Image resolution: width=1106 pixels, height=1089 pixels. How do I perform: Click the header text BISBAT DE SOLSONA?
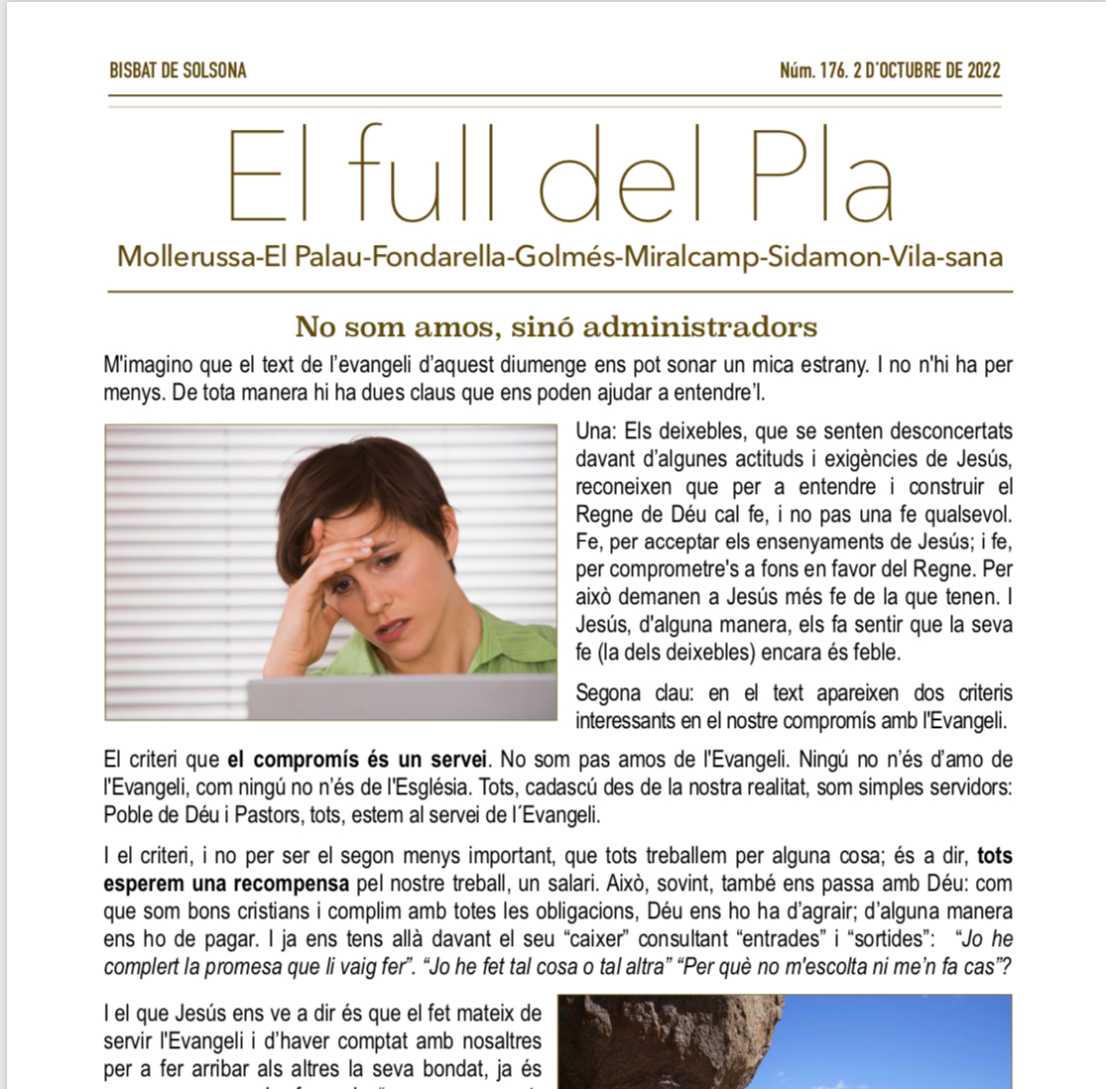click(x=178, y=70)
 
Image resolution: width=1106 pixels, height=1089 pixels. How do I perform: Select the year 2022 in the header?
click(x=978, y=70)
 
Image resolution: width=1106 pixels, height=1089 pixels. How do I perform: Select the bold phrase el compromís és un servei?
click(x=357, y=761)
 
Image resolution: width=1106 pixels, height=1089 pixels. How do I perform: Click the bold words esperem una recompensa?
click(x=226, y=883)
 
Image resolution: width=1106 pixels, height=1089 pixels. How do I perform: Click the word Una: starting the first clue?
click(x=597, y=431)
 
